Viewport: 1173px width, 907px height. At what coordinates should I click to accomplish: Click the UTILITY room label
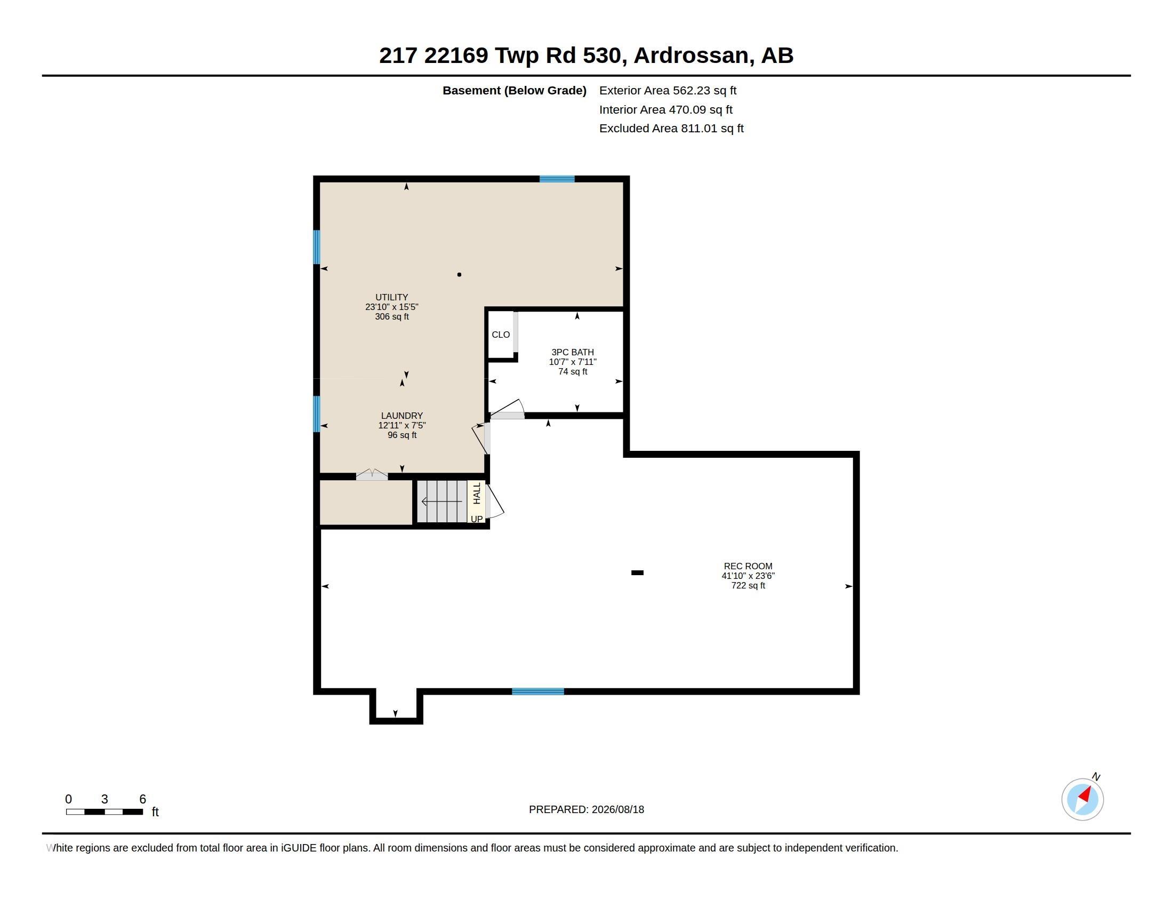click(x=391, y=297)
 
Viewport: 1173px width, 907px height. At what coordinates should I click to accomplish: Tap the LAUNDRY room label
click(x=401, y=416)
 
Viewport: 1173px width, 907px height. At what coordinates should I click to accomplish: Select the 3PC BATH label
click(x=573, y=353)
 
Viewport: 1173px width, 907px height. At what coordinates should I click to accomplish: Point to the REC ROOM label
click(x=748, y=566)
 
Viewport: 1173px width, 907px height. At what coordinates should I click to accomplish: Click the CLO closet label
click(x=501, y=335)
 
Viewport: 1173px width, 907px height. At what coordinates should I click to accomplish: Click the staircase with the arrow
click(x=443, y=502)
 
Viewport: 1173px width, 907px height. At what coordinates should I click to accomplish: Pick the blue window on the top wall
click(x=557, y=179)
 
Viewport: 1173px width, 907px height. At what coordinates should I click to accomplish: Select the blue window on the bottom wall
click(x=537, y=691)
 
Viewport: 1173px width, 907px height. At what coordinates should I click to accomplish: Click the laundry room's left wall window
click(x=317, y=413)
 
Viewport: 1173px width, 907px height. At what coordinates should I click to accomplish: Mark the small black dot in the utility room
click(x=459, y=275)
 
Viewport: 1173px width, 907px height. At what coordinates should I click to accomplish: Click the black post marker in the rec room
click(x=637, y=573)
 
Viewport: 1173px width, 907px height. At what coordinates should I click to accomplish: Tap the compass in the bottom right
click(x=1082, y=799)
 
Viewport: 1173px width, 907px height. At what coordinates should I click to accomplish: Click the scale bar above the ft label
click(x=104, y=812)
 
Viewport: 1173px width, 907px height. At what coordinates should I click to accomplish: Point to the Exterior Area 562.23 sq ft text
click(x=668, y=91)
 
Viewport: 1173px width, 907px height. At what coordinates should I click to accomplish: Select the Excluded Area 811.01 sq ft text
click(x=671, y=129)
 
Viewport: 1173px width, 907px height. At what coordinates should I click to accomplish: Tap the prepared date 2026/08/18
click(x=617, y=809)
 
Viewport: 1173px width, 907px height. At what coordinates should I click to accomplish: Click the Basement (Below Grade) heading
click(x=515, y=91)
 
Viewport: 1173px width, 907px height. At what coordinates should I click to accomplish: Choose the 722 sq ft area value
click(x=748, y=586)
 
